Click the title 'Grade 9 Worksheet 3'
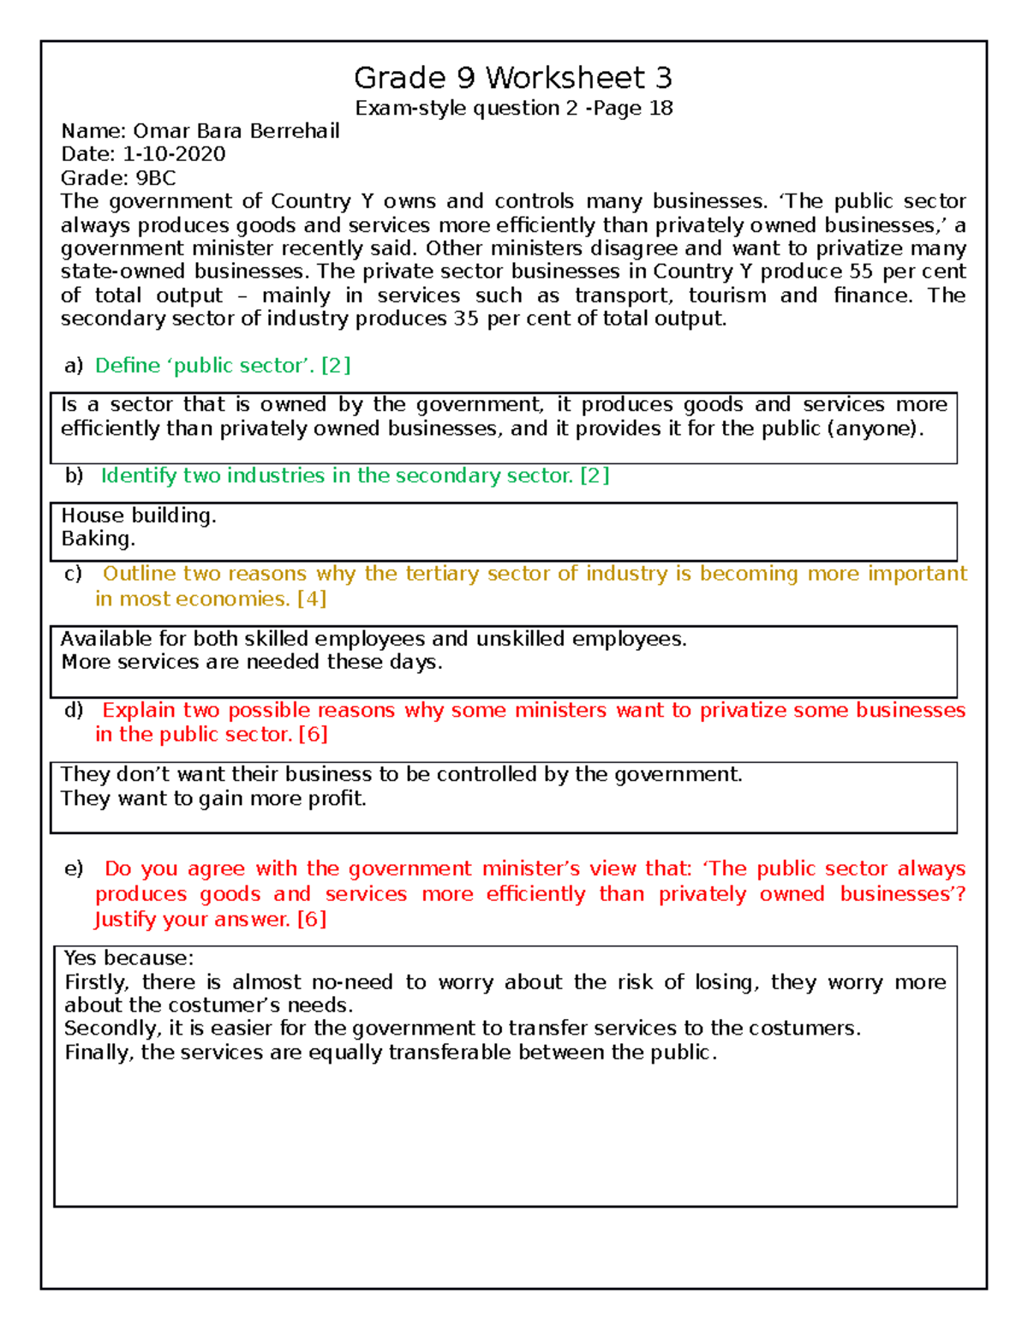[x=512, y=78]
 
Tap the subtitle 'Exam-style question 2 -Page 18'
[x=514, y=108]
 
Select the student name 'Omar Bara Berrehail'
[x=236, y=131]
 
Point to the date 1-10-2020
[x=174, y=154]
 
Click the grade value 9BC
[x=156, y=178]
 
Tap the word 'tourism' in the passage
[x=727, y=295]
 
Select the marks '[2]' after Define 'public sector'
[x=336, y=366]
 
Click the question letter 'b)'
[x=74, y=476]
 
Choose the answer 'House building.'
[x=139, y=516]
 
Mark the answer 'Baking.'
[x=98, y=539]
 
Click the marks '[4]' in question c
[x=312, y=599]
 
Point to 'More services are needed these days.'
[x=251, y=662]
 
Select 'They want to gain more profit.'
[x=213, y=798]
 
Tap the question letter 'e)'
[x=74, y=868]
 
